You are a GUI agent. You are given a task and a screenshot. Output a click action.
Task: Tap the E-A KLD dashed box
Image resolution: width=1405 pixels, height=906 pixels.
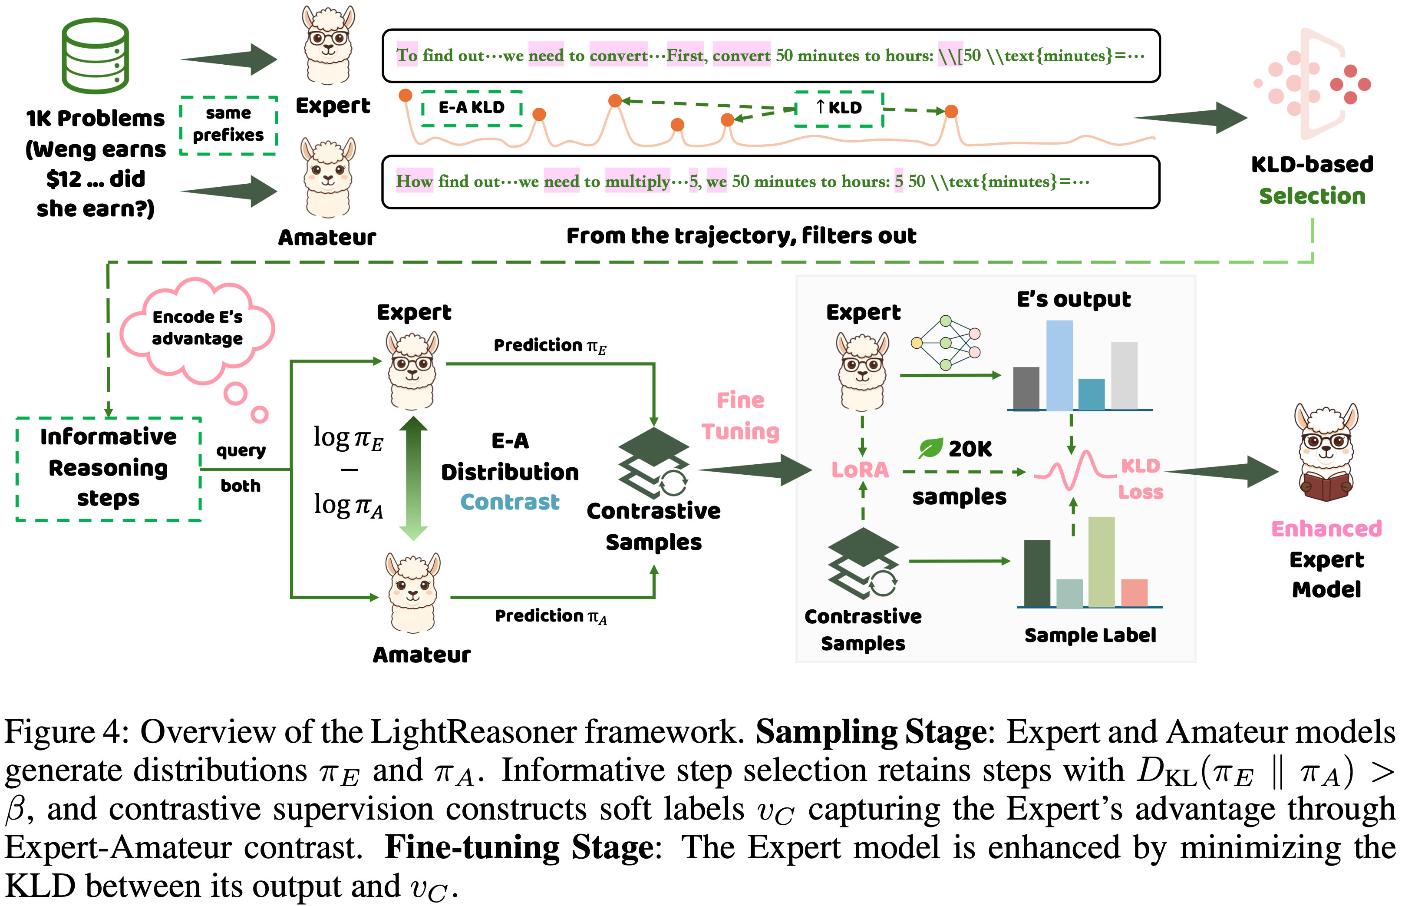pyautogui.click(x=472, y=108)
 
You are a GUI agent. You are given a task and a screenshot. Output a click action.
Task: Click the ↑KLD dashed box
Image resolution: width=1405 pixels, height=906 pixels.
pyautogui.click(x=839, y=108)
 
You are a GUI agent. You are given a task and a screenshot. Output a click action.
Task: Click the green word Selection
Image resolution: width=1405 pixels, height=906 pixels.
pyautogui.click(x=1312, y=196)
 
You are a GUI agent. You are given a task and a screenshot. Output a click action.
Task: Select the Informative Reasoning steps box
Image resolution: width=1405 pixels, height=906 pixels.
pyautogui.click(x=109, y=468)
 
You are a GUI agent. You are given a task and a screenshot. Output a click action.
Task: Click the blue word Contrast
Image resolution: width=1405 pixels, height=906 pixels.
pyautogui.click(x=509, y=502)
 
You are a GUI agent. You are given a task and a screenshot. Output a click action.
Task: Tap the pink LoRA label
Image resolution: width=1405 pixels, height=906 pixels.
pyautogui.click(x=860, y=470)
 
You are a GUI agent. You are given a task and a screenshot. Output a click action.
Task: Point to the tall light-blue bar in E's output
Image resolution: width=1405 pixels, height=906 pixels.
pyautogui.click(x=1059, y=365)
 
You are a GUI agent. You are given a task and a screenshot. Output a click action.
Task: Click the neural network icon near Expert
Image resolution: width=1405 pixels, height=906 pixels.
pyautogui.click(x=946, y=343)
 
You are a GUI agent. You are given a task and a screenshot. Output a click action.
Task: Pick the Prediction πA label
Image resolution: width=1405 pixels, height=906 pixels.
pyautogui.click(x=551, y=616)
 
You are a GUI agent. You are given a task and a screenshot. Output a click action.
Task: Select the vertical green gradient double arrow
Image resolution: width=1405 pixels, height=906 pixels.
pyautogui.click(x=413, y=478)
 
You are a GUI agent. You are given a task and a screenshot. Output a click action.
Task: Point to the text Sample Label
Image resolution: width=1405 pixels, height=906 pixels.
pyautogui.click(x=1090, y=635)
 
